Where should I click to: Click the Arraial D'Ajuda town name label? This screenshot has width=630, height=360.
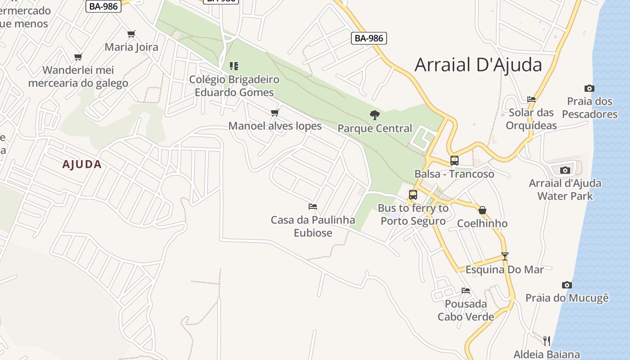click(478, 65)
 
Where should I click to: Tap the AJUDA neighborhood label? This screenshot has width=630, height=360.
click(82, 165)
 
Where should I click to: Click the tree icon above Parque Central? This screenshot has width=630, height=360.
click(374, 115)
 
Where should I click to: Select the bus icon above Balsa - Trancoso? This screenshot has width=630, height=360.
click(454, 161)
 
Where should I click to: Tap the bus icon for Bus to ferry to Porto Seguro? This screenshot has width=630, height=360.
click(413, 195)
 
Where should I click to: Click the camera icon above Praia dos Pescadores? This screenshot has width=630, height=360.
click(589, 88)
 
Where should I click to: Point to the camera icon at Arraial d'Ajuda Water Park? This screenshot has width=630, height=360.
click(565, 170)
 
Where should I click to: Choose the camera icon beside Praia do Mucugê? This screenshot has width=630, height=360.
click(567, 285)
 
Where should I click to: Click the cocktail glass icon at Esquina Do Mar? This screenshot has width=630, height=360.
click(504, 256)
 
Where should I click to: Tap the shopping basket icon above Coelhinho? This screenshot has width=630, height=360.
click(482, 210)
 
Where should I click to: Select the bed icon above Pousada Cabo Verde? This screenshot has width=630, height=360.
click(466, 291)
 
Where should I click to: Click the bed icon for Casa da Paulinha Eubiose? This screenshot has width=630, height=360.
click(313, 207)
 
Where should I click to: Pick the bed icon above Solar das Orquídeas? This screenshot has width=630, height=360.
click(531, 99)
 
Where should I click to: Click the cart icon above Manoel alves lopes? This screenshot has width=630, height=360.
click(274, 112)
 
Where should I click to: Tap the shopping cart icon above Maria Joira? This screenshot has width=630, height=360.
click(131, 34)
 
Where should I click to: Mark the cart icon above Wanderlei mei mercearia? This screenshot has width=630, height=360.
click(78, 57)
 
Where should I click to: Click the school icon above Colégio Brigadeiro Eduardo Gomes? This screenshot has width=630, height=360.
click(234, 66)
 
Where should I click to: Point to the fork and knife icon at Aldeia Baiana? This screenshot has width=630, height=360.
click(546, 341)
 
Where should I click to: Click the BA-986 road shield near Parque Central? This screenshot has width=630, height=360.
click(369, 38)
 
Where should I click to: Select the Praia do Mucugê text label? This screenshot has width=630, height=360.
click(567, 298)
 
